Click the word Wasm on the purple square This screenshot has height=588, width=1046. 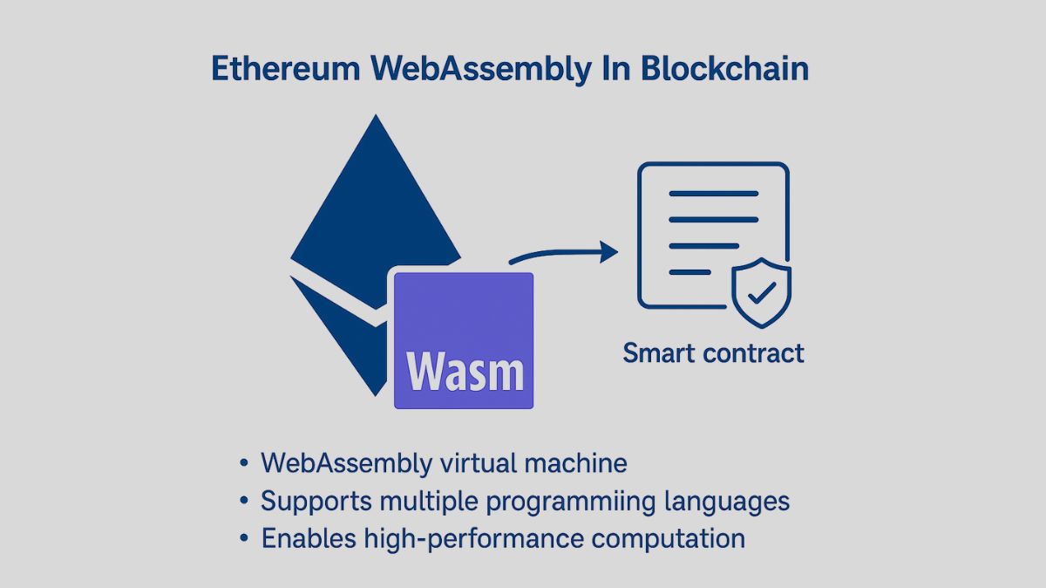click(x=465, y=372)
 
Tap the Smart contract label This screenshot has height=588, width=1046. click(x=713, y=353)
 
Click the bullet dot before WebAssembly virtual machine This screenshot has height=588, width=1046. click(x=244, y=463)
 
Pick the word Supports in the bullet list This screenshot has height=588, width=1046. click(x=311, y=502)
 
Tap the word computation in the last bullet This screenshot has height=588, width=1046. click(x=669, y=538)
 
